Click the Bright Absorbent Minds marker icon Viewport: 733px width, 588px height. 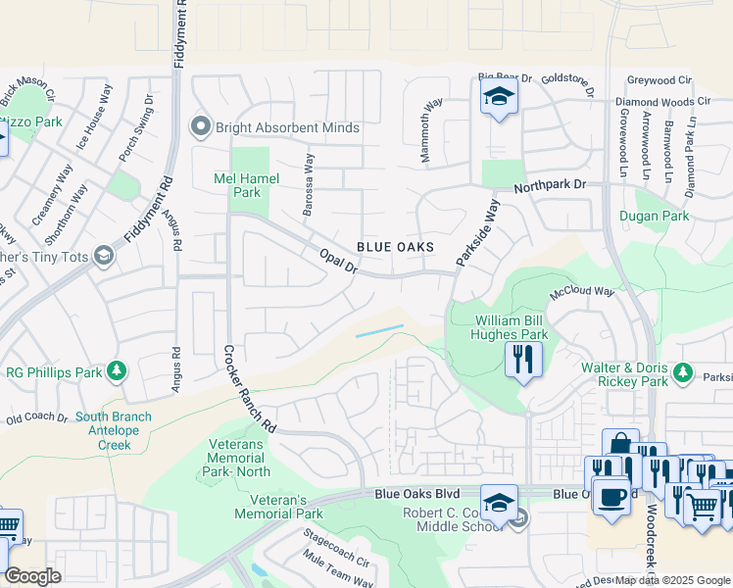pyautogui.click(x=201, y=126)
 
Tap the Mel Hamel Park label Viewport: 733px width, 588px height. pyautogui.click(x=247, y=185)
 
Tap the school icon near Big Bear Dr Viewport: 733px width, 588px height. pyautogui.click(x=499, y=98)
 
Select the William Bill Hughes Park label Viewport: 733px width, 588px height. pyautogui.click(x=512, y=327)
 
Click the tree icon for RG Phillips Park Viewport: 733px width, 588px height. pyautogui.click(x=117, y=370)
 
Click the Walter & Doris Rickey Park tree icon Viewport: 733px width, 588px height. pyautogui.click(x=683, y=373)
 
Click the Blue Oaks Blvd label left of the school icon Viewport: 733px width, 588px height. pyautogui.click(x=416, y=496)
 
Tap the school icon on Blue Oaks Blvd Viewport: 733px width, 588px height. pyautogui.click(x=499, y=500)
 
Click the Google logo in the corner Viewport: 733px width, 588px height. pyautogui.click(x=31, y=575)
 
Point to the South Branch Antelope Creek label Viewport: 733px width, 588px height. pyautogui.click(x=114, y=430)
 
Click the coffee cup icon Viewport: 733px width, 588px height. pyautogui.click(x=612, y=496)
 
